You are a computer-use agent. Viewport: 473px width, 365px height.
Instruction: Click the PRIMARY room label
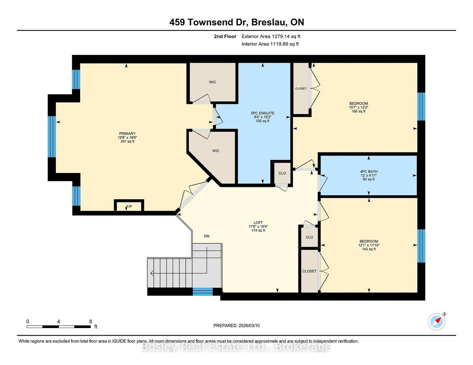pos(127,133)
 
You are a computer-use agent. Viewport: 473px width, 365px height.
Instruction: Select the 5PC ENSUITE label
pos(263,113)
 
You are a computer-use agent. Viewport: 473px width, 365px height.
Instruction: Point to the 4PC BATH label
pos(369,172)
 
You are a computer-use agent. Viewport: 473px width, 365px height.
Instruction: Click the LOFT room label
pos(258,223)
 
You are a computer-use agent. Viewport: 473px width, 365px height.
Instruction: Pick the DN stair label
pos(207,236)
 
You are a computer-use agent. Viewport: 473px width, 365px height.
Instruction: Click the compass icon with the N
pos(437,321)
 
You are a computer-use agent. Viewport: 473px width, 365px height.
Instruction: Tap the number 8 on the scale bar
pos(90,322)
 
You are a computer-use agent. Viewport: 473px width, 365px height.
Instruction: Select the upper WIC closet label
pos(213,82)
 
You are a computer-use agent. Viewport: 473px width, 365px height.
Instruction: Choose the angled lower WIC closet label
pos(216,151)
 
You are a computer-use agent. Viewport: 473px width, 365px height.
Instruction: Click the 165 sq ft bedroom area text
pos(359,111)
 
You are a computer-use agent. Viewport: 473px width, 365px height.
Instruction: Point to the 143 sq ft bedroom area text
pos(369,249)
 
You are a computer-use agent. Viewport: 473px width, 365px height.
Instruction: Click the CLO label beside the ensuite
pos(282,173)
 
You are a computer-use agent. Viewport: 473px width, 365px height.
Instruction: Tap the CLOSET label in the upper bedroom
pos(301,89)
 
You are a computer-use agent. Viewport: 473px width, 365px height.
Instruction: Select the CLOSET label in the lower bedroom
pos(309,271)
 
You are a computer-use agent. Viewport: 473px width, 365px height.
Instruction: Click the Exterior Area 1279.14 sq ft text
pos(271,37)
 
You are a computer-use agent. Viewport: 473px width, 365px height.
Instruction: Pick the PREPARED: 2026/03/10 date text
pos(237,325)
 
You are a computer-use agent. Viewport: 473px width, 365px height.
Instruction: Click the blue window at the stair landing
pos(203,291)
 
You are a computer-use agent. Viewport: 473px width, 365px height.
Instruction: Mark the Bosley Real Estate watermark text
pos(237,347)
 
